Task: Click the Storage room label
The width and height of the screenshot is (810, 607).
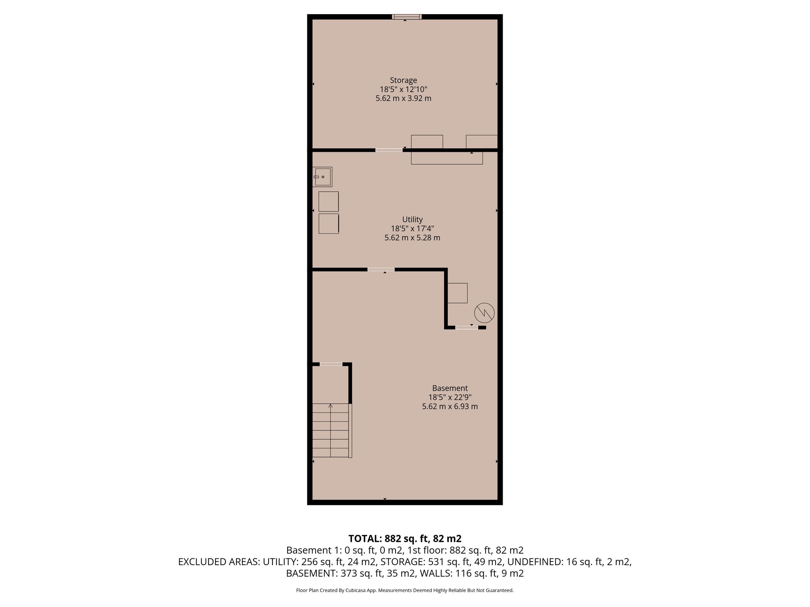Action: tap(403, 80)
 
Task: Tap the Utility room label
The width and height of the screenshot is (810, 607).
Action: tap(412, 219)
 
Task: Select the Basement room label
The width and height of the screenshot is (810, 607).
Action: tap(450, 388)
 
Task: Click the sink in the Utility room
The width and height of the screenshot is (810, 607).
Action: tap(322, 177)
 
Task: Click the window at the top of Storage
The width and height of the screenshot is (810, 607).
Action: tap(407, 17)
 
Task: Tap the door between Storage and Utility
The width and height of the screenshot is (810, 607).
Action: tap(389, 150)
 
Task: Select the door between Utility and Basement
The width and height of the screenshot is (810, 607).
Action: tap(381, 270)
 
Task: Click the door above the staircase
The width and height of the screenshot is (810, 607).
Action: tap(331, 364)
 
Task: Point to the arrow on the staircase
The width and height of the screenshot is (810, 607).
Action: tap(331, 405)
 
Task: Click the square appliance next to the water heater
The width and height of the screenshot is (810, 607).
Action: tap(458, 293)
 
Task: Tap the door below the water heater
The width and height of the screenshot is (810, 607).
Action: tap(466, 327)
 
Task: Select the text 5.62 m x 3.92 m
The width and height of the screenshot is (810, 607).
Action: tap(403, 98)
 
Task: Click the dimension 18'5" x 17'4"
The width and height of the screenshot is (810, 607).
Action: tap(412, 228)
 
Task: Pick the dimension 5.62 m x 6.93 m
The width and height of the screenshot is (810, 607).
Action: tap(450, 406)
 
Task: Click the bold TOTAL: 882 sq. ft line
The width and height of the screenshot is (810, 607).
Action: tap(405, 538)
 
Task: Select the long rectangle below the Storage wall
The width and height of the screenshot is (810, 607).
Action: tap(447, 158)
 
